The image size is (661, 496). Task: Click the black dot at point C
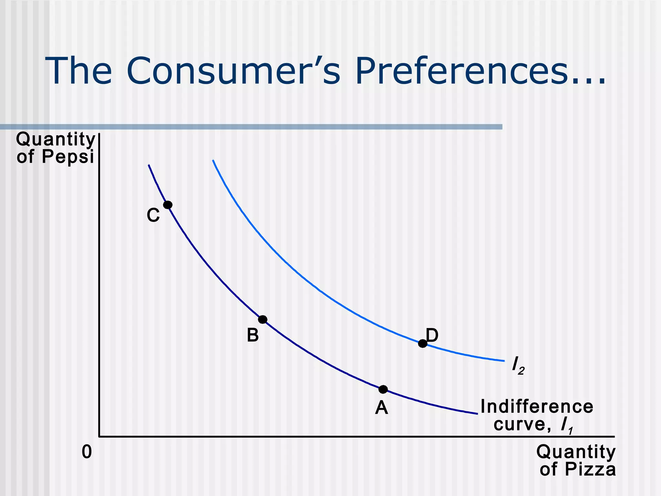pyautogui.click(x=168, y=205)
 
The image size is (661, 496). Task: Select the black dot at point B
pyautogui.click(x=263, y=320)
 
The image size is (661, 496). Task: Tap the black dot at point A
pyautogui.click(x=383, y=389)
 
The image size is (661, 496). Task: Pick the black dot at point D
pyautogui.click(x=422, y=344)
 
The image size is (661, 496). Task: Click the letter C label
pyautogui.click(x=153, y=215)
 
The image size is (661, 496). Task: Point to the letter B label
pyautogui.click(x=253, y=335)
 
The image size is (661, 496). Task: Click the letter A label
pyautogui.click(x=381, y=408)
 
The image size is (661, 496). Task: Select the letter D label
pyautogui.click(x=432, y=335)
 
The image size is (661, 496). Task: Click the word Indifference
pyautogui.click(x=537, y=407)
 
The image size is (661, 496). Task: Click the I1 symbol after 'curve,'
pyautogui.click(x=567, y=425)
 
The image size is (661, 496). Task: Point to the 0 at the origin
pyautogui.click(x=87, y=452)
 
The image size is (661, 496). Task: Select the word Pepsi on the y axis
pyautogui.click(x=68, y=157)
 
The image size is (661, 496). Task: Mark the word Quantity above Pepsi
pyautogui.click(x=56, y=139)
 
